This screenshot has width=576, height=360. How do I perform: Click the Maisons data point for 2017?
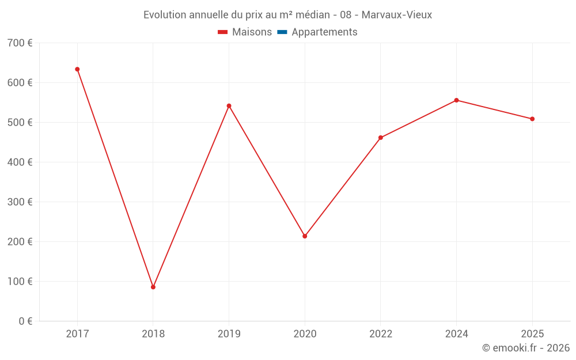coord(77,69)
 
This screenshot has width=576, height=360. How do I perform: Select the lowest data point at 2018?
coord(153,287)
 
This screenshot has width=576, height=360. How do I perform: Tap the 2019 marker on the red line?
coord(229,106)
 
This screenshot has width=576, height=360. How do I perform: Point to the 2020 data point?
coord(305,236)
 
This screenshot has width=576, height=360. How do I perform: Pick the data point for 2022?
coord(381,138)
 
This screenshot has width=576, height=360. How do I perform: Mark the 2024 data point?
coord(456,100)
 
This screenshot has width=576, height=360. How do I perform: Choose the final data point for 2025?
coord(532,119)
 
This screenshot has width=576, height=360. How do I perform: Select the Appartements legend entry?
coord(324,32)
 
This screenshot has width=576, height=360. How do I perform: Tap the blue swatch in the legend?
coord(282,32)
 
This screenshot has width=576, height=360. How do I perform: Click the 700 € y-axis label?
coord(20,43)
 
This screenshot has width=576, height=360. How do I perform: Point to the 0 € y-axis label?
coord(25,321)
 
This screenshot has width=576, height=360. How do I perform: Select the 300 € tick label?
coord(20,202)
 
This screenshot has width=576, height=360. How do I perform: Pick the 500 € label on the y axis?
coord(20,123)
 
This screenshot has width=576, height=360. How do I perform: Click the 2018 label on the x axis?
coord(153,334)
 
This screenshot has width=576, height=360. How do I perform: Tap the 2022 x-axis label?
coord(381,334)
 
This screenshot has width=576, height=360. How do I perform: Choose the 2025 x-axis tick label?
coord(532,334)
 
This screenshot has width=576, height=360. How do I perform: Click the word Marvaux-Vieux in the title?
coord(397,15)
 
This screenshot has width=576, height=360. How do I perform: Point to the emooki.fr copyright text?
coord(526,348)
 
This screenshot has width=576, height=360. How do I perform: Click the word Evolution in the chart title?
coord(165,15)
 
